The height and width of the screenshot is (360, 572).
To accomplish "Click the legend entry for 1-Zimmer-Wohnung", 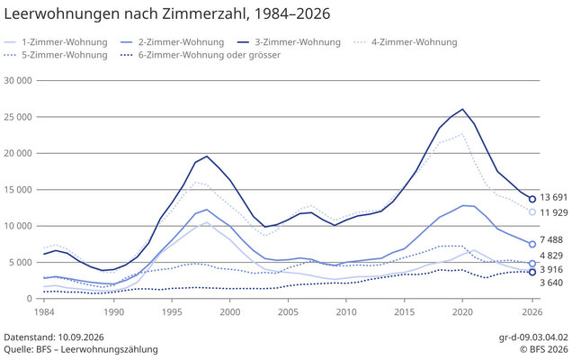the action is tap(56, 42).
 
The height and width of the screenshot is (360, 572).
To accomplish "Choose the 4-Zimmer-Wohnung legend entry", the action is tap(406, 42).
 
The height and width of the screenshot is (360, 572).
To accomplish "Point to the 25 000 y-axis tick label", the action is tap(18, 117).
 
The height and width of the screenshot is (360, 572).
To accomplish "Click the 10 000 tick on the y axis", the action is tap(18, 226).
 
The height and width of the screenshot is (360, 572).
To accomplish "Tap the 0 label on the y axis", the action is tap(29, 299).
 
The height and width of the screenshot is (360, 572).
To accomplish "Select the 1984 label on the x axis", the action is tap(44, 312).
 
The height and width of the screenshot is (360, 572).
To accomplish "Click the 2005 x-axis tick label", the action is tap(288, 312).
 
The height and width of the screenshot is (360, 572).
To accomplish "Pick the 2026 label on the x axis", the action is tap(532, 312).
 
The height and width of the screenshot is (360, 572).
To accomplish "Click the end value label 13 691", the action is tap(554, 197).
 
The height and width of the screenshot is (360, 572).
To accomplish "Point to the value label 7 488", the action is tap(551, 240).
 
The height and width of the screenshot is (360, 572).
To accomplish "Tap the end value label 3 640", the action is tap(551, 283).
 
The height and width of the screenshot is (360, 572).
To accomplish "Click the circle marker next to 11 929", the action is tap(532, 212).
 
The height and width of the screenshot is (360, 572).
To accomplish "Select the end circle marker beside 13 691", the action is tap(532, 199).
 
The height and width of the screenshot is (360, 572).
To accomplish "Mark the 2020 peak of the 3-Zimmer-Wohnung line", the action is tap(462, 109).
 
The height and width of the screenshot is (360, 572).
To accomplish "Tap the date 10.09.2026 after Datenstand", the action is tap(81, 337).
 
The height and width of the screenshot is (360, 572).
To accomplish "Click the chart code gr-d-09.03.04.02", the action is tap(533, 337).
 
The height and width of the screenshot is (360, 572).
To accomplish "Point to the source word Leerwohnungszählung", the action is tap(110, 349).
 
